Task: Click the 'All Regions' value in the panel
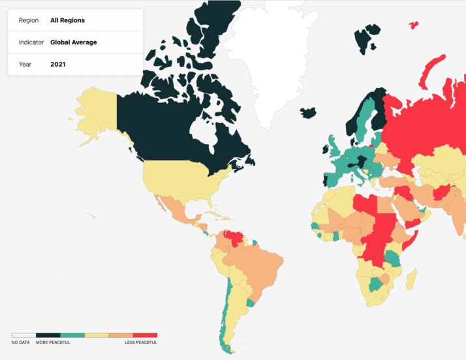[x=67, y=20]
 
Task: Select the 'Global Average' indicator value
[x=73, y=42]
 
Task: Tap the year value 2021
[x=58, y=65]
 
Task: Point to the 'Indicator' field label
[x=31, y=42]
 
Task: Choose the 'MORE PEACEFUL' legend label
[x=53, y=342]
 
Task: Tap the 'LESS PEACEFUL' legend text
[x=141, y=342]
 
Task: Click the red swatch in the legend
[x=145, y=335]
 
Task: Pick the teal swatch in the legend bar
[x=72, y=335]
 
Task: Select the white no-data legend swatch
[x=23, y=335]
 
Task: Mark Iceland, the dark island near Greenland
[x=309, y=113]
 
